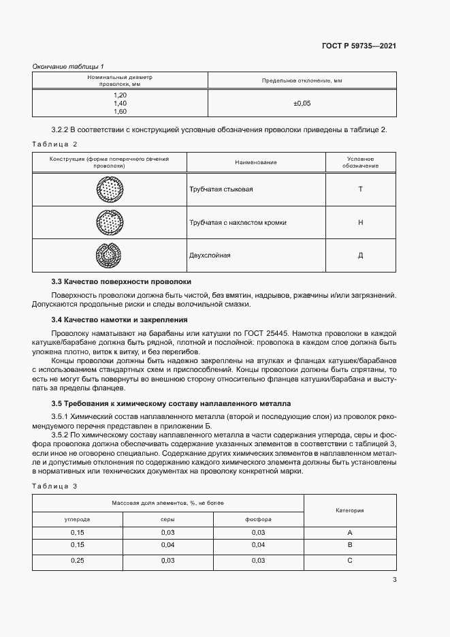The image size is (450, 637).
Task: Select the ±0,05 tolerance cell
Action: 302,103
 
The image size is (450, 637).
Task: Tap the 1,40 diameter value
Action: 120,103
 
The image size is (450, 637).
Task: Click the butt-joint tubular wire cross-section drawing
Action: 110,189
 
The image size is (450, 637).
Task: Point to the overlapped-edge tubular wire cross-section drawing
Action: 110,222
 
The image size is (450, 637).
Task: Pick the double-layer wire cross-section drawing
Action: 110,255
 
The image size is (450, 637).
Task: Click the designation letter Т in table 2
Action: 360,189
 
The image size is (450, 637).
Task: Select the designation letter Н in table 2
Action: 360,222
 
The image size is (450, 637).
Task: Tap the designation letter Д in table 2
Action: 360,255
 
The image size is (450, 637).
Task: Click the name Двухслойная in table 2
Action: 210,255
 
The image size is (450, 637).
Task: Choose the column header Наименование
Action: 256,162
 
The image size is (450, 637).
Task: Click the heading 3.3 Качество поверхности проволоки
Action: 121,281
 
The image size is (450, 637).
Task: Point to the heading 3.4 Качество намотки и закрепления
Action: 120,320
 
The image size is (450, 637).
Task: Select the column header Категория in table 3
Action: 350,510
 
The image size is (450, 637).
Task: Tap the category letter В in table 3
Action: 349,545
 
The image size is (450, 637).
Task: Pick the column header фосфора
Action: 258,519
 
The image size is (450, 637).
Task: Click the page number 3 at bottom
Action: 395,580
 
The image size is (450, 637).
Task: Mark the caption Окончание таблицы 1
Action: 69,65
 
